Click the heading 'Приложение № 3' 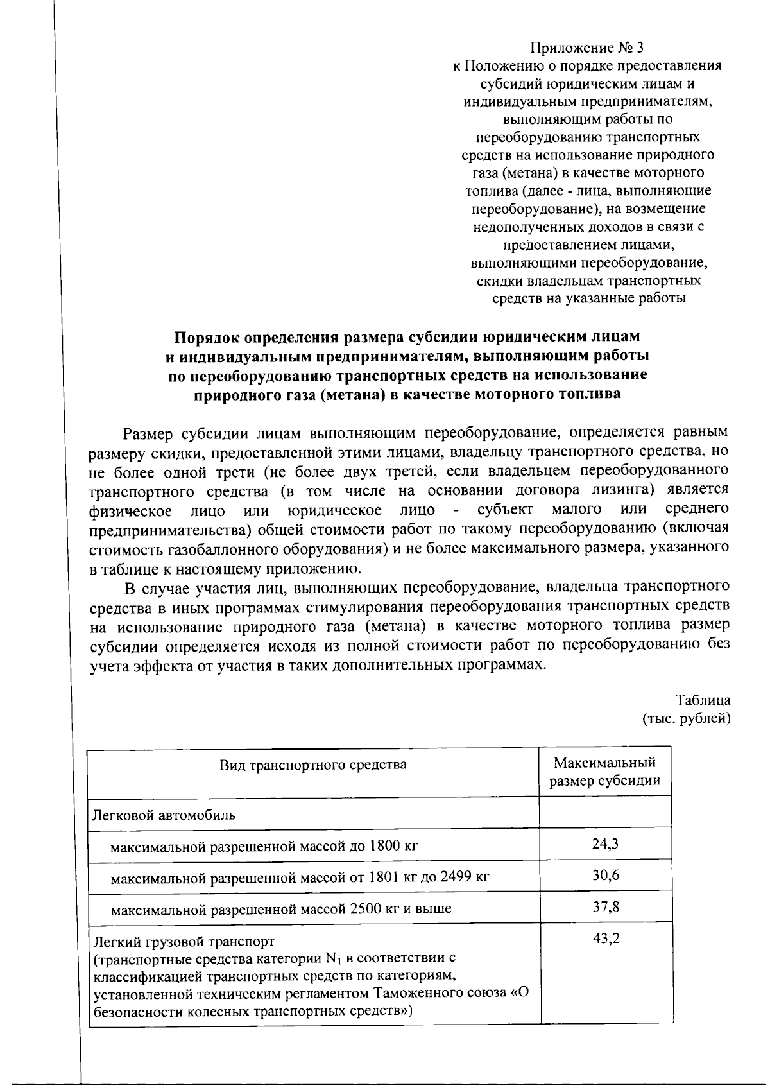click(x=586, y=48)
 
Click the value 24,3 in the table click(x=605, y=843)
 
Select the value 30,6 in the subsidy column click(x=605, y=875)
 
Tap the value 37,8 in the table click(x=605, y=906)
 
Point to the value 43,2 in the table click(x=605, y=939)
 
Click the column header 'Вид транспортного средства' click(x=313, y=765)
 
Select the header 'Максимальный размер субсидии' click(x=605, y=772)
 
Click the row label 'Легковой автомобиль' click(x=164, y=815)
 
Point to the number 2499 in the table click(x=457, y=878)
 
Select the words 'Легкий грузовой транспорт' click(x=184, y=942)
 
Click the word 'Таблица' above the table click(x=703, y=700)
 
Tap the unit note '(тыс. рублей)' click(x=686, y=718)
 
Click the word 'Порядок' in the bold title click(x=209, y=337)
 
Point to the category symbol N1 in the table click(x=331, y=959)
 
